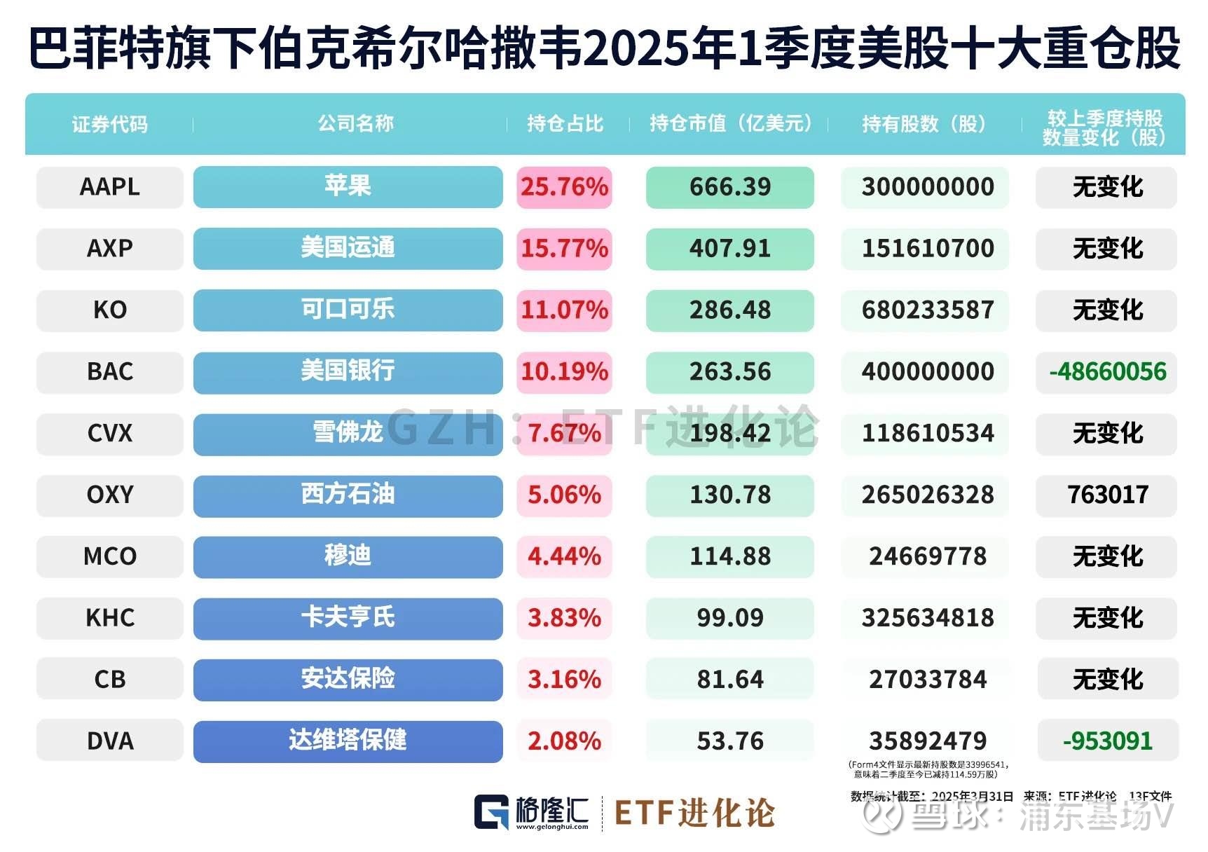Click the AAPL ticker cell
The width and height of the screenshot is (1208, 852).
110,187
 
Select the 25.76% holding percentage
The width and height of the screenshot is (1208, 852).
564,187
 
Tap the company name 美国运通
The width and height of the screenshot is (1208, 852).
348,248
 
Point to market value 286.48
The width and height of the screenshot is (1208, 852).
729,310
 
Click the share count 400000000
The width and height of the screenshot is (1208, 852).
928,371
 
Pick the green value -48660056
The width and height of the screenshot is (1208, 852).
1108,371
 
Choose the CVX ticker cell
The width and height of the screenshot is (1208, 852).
110,433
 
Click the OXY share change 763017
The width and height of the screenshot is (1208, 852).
1108,495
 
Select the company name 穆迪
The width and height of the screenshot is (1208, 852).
348,556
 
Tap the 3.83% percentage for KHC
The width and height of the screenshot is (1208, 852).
564,618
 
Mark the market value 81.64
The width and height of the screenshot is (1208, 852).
729,680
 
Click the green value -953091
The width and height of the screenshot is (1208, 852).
1108,741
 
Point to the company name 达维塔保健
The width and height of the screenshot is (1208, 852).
348,741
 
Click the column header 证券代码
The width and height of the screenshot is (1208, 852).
110,125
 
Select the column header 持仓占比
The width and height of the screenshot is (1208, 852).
565,124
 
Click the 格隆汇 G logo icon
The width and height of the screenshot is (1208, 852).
491,813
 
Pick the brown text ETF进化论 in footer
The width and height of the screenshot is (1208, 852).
694,813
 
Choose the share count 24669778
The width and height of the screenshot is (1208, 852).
928,556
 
